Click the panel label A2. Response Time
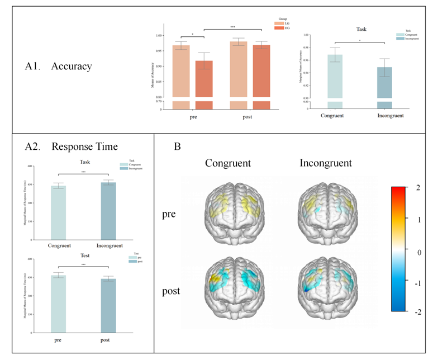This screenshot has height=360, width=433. coord(72,147)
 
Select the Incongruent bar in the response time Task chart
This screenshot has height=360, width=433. coord(108,210)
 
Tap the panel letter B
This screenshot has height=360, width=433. coord(178,147)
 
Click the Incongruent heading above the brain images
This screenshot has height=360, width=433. coord(326,163)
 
